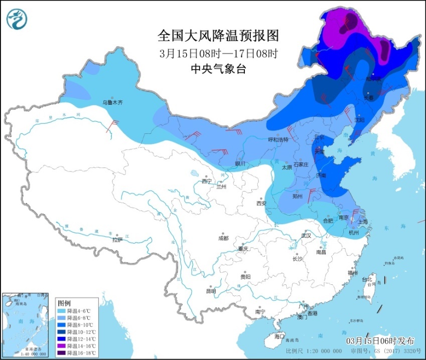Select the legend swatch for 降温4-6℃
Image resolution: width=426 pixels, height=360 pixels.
(63, 311)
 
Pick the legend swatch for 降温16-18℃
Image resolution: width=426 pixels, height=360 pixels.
(63, 353)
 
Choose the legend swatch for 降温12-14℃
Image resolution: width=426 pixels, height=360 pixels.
(63, 339)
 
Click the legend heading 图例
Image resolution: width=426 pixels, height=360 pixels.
(64, 303)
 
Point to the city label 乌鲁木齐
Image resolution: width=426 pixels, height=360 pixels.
(112, 102)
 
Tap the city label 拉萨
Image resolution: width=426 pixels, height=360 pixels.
(117, 240)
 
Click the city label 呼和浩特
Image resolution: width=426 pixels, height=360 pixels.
(278, 139)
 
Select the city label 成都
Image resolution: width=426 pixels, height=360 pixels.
(223, 238)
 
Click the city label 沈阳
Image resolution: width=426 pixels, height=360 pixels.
(359, 120)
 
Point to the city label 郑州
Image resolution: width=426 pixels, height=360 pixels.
(298, 197)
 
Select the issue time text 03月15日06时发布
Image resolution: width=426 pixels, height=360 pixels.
(380, 341)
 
